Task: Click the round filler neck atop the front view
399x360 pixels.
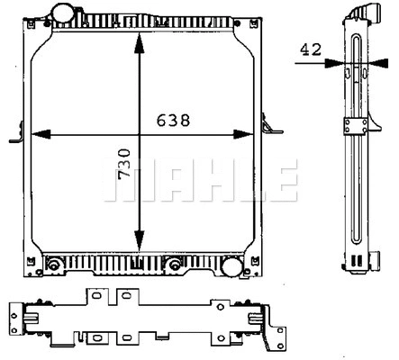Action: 62,14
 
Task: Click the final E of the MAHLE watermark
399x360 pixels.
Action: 283,179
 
